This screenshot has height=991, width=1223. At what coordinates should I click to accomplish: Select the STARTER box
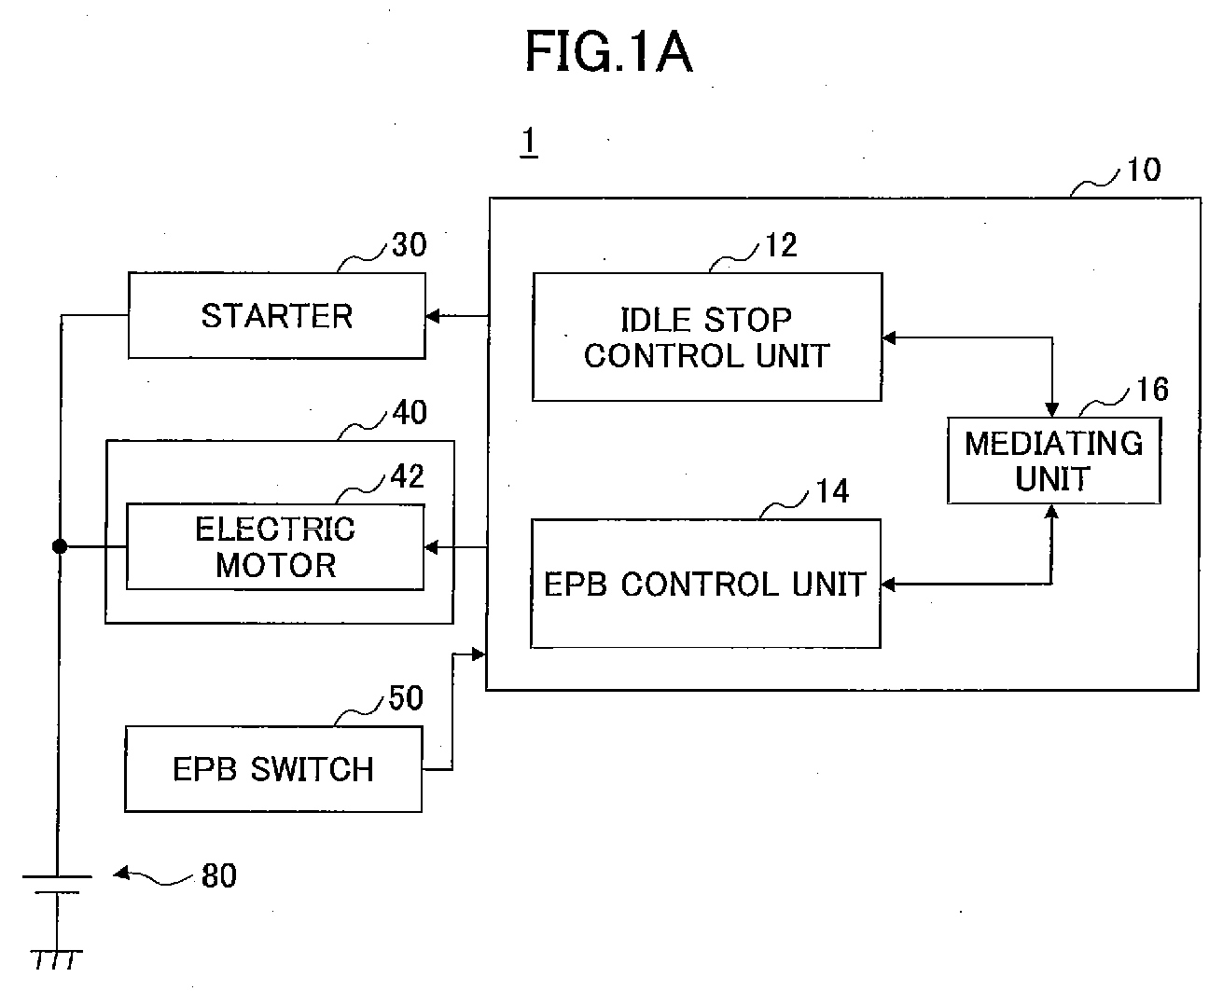(x=277, y=316)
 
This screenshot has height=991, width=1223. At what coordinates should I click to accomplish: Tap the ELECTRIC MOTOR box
(x=275, y=547)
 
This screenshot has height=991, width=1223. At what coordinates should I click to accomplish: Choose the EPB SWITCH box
(x=273, y=769)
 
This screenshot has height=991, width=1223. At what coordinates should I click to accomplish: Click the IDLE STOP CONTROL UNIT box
(x=707, y=337)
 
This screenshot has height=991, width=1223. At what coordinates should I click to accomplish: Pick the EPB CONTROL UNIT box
(x=705, y=584)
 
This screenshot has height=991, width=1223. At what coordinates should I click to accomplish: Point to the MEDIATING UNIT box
(x=1054, y=461)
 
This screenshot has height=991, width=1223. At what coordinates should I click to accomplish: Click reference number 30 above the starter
(x=410, y=245)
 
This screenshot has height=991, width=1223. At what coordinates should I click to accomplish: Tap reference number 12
(x=782, y=245)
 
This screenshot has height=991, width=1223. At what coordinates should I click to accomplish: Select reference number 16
(x=1152, y=389)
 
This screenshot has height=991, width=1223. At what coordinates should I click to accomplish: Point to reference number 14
(x=832, y=491)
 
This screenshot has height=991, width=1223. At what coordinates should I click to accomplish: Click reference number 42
(x=408, y=476)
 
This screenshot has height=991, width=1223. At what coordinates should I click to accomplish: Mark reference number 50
(x=406, y=698)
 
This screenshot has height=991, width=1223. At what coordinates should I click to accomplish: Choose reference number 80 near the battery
(x=219, y=875)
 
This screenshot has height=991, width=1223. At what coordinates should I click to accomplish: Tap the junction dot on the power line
(x=59, y=546)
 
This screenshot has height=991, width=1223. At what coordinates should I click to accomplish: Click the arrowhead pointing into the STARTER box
(x=433, y=316)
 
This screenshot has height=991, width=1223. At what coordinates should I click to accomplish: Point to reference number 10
(x=1144, y=170)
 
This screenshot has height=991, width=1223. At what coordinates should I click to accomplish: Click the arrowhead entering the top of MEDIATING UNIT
(x=1052, y=409)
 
